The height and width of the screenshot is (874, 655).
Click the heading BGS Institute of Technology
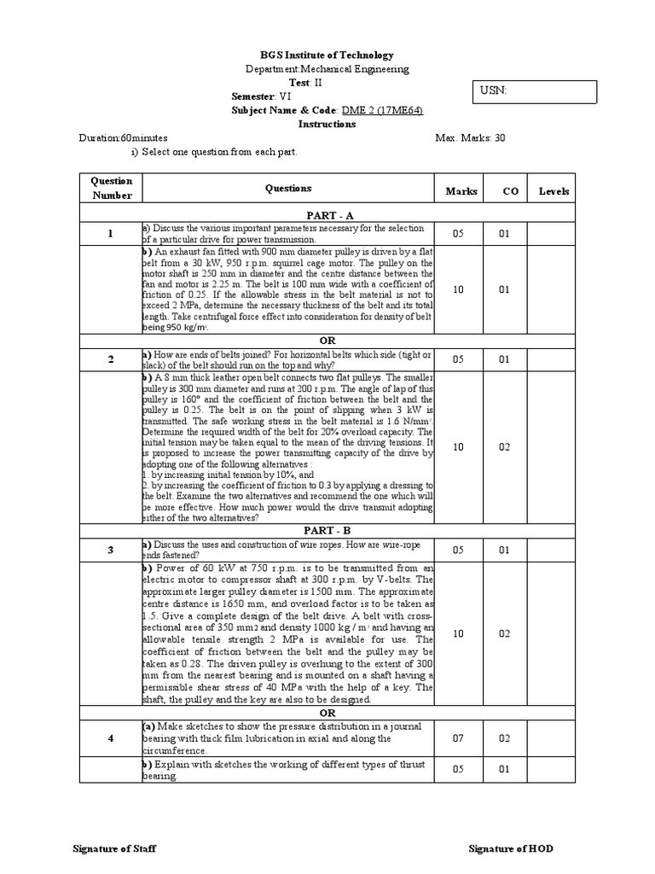click(327, 55)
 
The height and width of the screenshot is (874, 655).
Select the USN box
click(535, 92)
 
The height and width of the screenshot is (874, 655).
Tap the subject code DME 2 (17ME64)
click(381, 110)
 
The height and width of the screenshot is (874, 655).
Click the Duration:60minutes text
click(123, 137)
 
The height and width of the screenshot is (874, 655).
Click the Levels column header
click(554, 191)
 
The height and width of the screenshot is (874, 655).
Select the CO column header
click(510, 191)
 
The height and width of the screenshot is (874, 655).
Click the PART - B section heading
click(327, 530)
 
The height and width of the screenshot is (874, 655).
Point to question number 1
click(111, 234)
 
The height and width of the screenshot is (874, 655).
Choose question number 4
click(111, 738)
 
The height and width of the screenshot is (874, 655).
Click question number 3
click(111, 550)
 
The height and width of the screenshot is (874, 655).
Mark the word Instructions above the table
click(327, 124)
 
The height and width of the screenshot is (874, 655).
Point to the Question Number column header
click(112, 188)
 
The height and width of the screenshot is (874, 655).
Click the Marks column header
click(461, 191)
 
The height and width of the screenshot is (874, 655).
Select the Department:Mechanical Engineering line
click(327, 69)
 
